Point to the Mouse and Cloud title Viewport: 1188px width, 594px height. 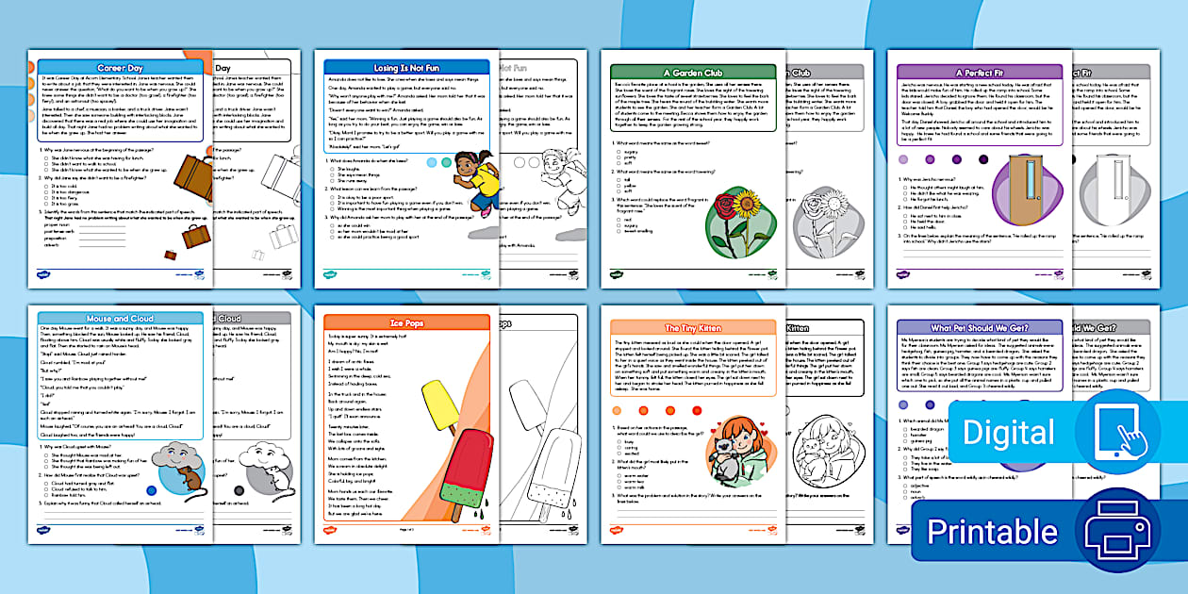pos(121,318)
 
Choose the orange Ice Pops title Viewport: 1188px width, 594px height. pos(406,322)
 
